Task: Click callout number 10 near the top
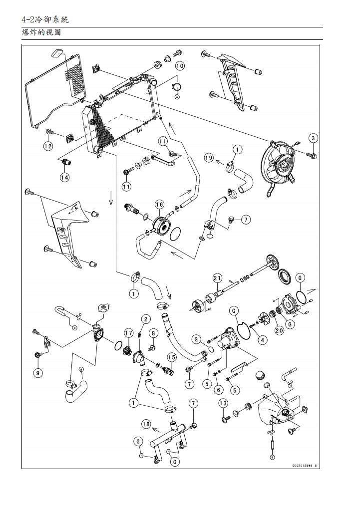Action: pos(180,65)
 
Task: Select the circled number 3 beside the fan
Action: pos(313,138)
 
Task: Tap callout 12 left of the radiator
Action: pos(48,146)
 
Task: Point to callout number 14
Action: pos(65,177)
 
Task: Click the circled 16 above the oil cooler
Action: pos(159,205)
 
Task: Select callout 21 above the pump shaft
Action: pos(217,278)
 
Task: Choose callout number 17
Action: pos(128,333)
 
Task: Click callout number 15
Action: pos(171,357)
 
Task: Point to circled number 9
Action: pos(38,372)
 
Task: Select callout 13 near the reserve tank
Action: pos(223,403)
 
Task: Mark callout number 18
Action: pos(146,424)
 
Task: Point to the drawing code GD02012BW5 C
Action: pos(304,465)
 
